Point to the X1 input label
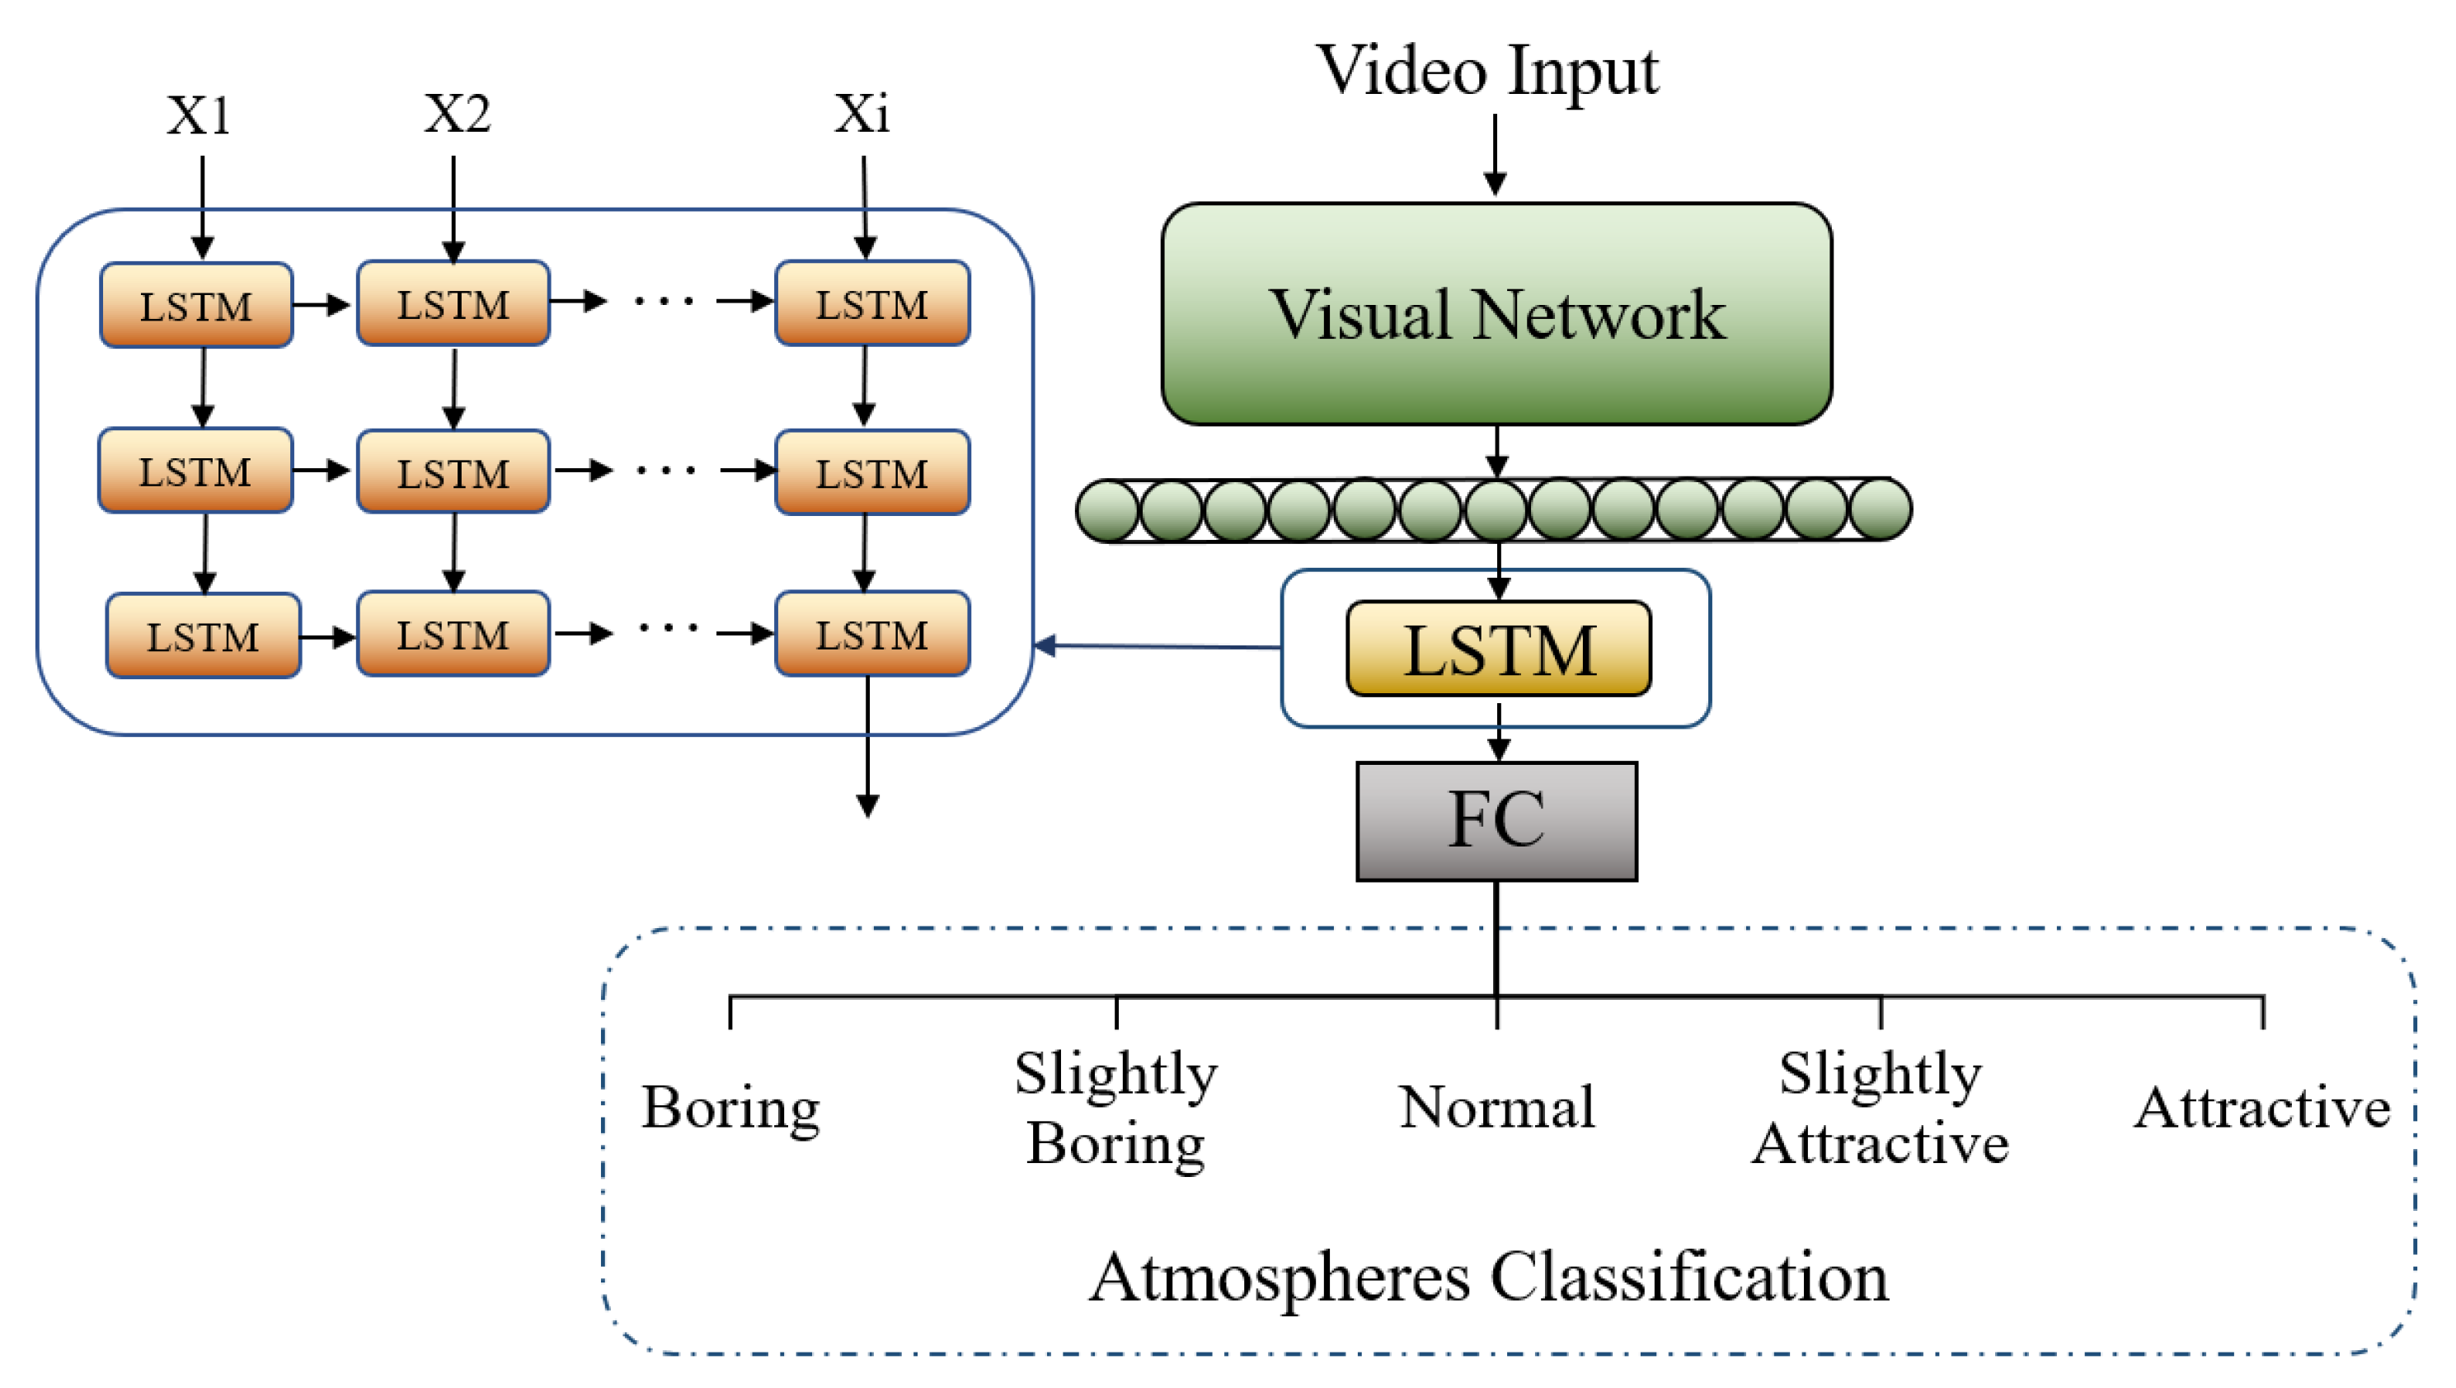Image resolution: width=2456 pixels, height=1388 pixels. click(x=199, y=115)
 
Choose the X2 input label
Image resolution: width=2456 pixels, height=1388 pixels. click(x=457, y=114)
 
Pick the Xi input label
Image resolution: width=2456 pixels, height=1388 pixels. click(x=862, y=114)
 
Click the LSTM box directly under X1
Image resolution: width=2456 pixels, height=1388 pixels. click(x=196, y=305)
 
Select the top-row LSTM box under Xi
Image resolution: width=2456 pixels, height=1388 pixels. click(x=871, y=303)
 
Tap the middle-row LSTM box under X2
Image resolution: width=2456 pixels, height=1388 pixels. click(x=453, y=473)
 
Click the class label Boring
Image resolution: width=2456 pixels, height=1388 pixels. click(x=730, y=1109)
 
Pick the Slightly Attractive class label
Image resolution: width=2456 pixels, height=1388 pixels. click(x=1881, y=1109)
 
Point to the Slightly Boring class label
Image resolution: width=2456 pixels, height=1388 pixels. click(x=1115, y=1109)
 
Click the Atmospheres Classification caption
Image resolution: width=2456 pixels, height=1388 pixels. click(x=1488, y=1278)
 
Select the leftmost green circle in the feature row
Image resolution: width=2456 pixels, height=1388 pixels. click(x=1107, y=510)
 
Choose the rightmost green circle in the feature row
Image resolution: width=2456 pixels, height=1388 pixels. click(x=1881, y=509)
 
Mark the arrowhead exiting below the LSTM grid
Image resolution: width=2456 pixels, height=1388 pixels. click(x=867, y=805)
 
